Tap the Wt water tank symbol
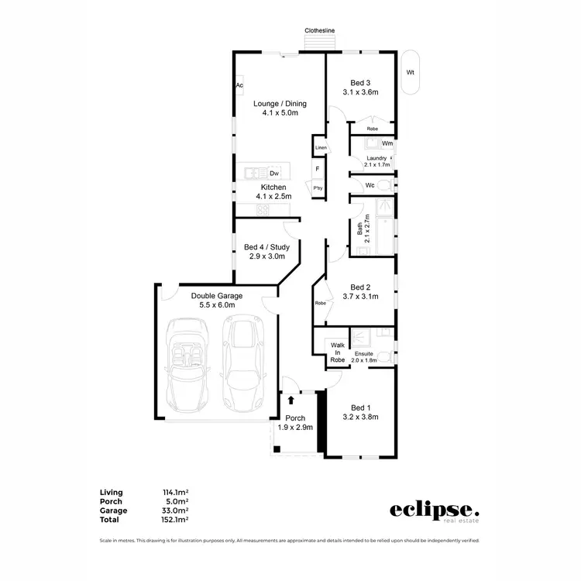[x=411, y=73]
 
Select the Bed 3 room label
[x=360, y=83]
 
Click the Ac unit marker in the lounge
[x=239, y=85]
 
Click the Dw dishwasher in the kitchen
[x=274, y=174]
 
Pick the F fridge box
[x=318, y=169]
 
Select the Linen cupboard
[x=321, y=147]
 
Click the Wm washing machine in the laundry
[x=387, y=143]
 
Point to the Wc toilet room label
[x=370, y=185]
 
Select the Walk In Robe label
[x=337, y=352]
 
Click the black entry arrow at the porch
[x=290, y=400]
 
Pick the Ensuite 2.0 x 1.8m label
[x=363, y=356]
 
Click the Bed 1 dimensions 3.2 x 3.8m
[x=360, y=418]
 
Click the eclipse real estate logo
[x=434, y=511]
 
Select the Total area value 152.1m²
[x=176, y=520]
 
